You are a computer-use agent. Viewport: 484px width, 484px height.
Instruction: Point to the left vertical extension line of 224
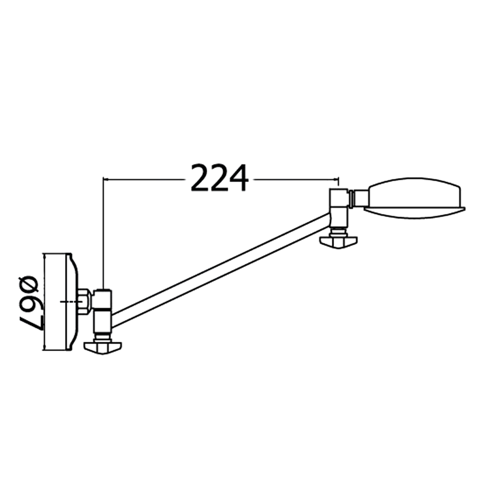tap(103, 233)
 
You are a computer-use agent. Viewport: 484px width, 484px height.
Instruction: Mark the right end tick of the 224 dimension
tap(339, 180)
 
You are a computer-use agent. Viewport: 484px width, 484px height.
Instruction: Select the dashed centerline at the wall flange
tap(70, 301)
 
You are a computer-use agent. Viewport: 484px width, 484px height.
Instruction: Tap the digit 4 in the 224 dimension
tap(238, 178)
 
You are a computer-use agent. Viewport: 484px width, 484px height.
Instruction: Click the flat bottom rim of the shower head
tap(414, 209)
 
